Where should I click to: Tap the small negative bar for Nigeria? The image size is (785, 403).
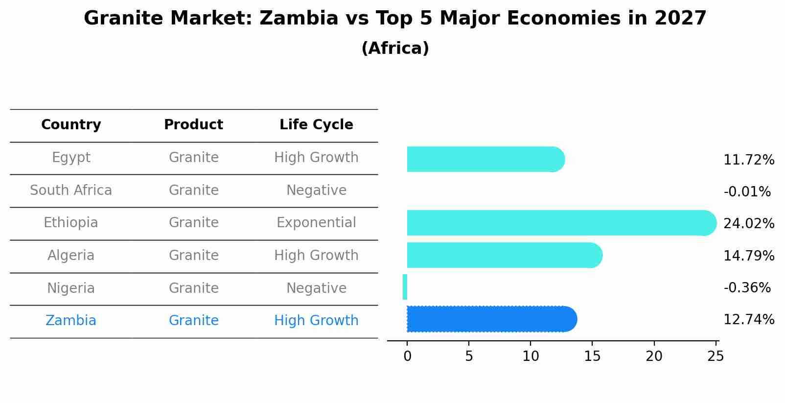pyautogui.click(x=405, y=287)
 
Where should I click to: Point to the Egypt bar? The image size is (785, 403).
pyautogui.click(x=485, y=159)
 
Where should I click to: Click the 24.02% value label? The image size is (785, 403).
pyautogui.click(x=748, y=224)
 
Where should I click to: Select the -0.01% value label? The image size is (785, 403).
pyautogui.click(x=747, y=192)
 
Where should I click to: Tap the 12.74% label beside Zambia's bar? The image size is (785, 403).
pyautogui.click(x=748, y=320)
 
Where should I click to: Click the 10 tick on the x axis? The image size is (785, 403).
pyautogui.click(x=531, y=356)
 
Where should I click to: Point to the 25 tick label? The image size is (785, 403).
pyautogui.click(x=716, y=356)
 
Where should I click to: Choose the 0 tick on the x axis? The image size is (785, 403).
pyautogui.click(x=407, y=356)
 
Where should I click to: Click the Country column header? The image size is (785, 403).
pyautogui.click(x=71, y=125)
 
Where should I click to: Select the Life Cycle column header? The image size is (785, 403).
pyautogui.click(x=316, y=125)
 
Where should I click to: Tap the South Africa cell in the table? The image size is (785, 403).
pyautogui.click(x=71, y=190)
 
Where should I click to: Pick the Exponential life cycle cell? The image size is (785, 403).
pyautogui.click(x=316, y=223)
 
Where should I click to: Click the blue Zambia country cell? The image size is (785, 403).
pyautogui.click(x=71, y=321)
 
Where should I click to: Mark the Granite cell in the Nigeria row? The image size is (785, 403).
pyautogui.click(x=193, y=288)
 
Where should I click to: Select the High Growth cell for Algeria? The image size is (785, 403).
pyautogui.click(x=316, y=256)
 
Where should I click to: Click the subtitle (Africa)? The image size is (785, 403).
pyautogui.click(x=395, y=48)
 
